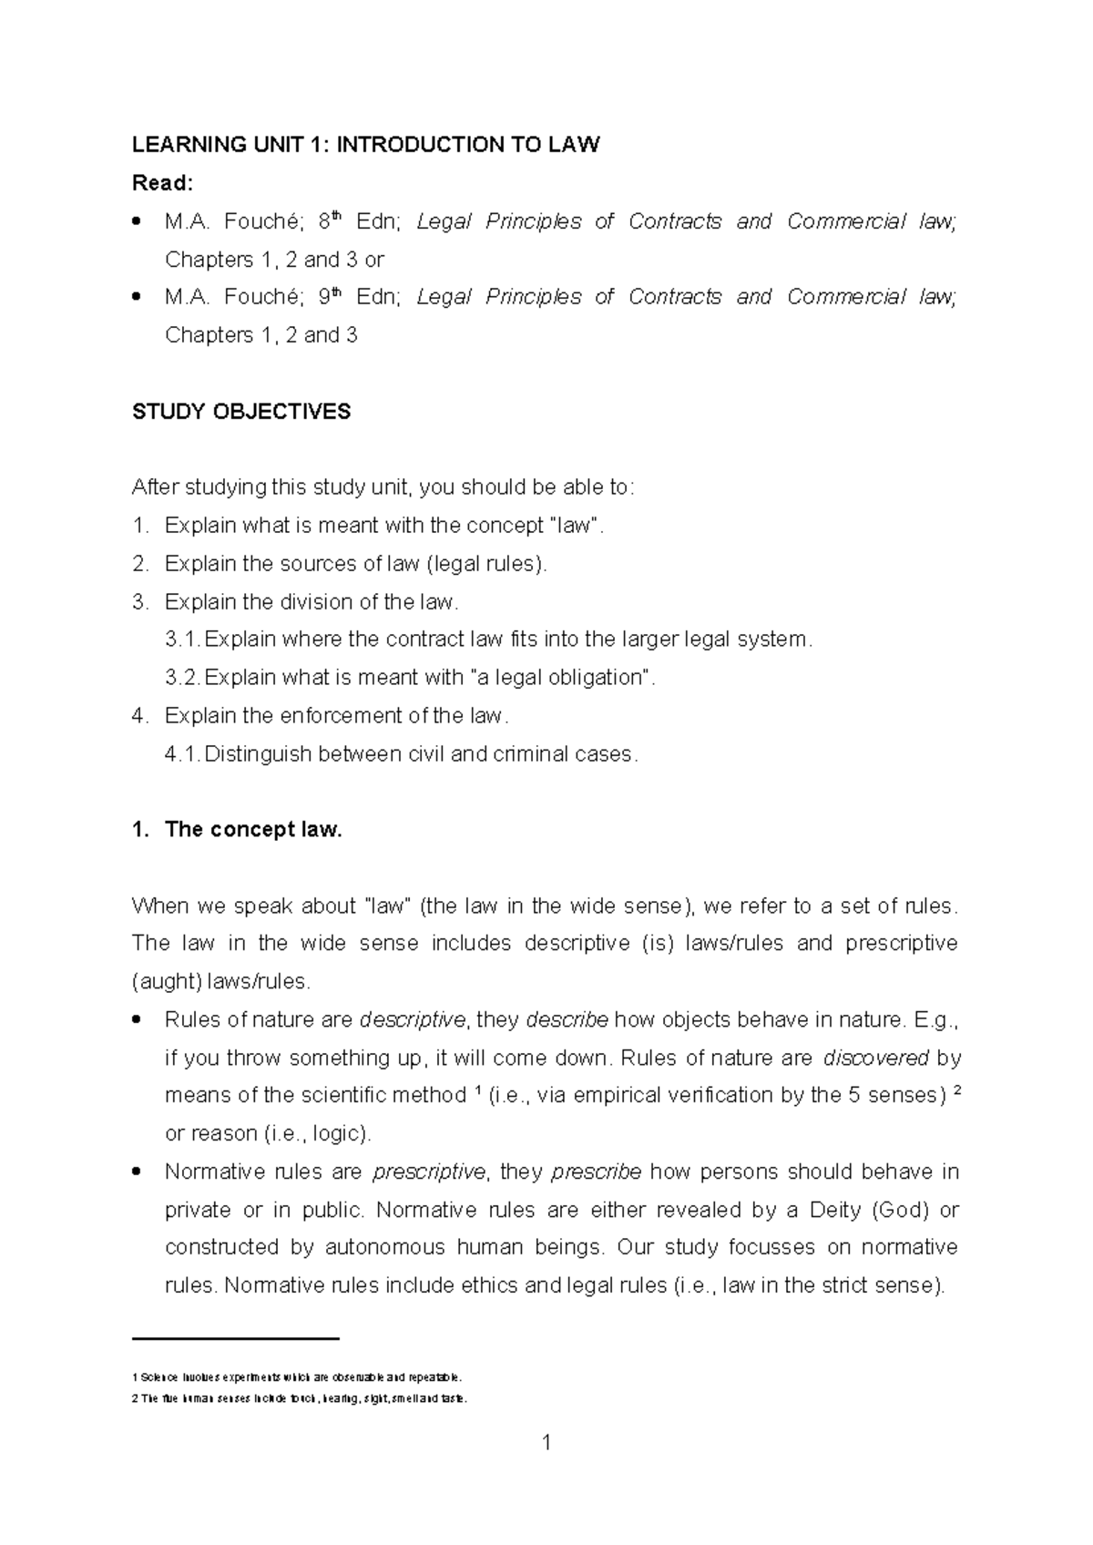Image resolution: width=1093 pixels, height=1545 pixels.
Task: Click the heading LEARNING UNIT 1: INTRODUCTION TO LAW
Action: pyautogui.click(x=365, y=145)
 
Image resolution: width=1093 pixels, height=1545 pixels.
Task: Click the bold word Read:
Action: pyautogui.click(x=162, y=183)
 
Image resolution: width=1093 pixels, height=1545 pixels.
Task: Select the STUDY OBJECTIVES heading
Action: pyautogui.click(x=240, y=412)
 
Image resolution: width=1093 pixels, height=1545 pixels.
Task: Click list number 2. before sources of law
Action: pyautogui.click(x=139, y=564)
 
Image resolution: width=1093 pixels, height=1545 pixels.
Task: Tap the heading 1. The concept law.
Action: pyautogui.click(x=237, y=830)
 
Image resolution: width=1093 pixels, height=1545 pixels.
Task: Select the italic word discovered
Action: pyautogui.click(x=875, y=1058)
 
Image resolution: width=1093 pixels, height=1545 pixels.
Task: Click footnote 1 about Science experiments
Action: pyautogui.click(x=298, y=1376)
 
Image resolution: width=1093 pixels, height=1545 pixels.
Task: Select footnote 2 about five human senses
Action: pyautogui.click(x=299, y=1398)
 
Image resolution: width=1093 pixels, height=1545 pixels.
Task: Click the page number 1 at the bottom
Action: pyautogui.click(x=546, y=1443)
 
